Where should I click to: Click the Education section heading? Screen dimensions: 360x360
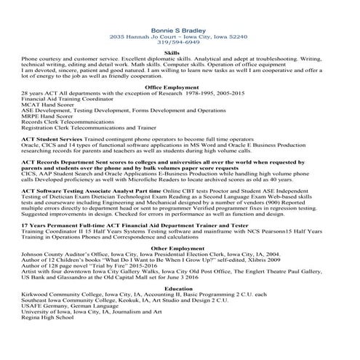(x=179, y=288)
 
